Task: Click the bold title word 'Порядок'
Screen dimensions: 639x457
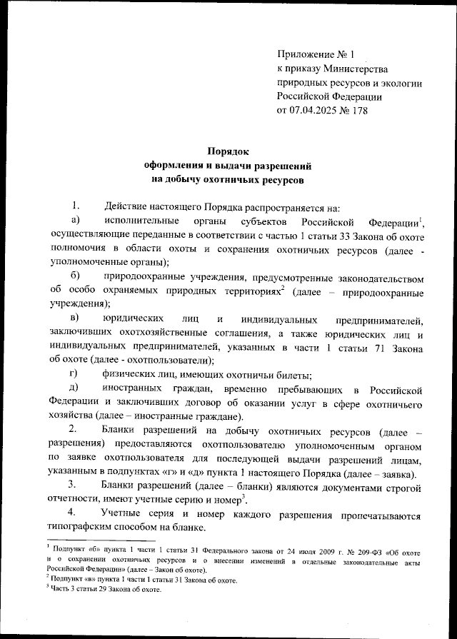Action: [x=228, y=151]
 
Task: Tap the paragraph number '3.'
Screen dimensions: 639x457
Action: [x=73, y=485]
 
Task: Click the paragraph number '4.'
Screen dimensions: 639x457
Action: [x=73, y=514]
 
